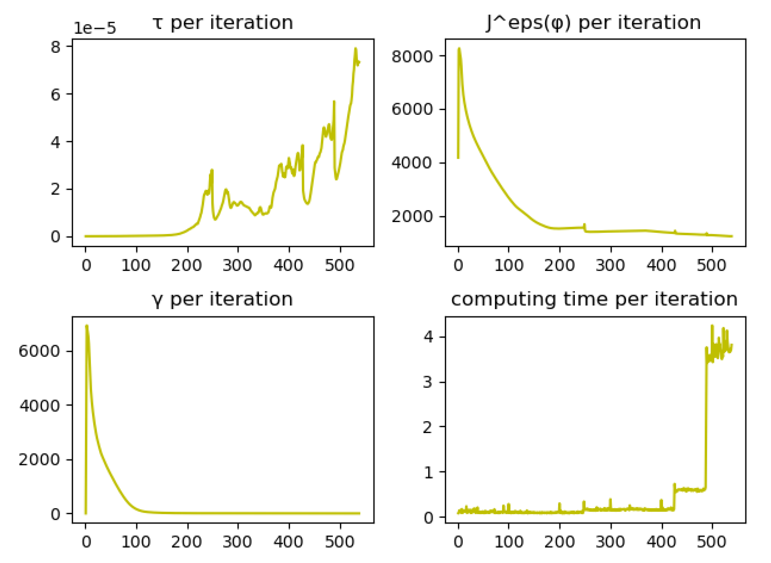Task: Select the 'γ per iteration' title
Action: point(222,299)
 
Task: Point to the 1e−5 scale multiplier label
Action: point(95,28)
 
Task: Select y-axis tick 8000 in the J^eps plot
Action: point(412,56)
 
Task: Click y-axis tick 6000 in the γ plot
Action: point(39,351)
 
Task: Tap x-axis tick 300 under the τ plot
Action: point(238,265)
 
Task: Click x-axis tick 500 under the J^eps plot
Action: point(711,265)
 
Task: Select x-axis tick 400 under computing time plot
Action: point(661,542)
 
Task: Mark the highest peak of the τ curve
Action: point(355,49)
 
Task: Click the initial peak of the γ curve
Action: point(87,326)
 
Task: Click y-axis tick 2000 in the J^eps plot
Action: point(412,216)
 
